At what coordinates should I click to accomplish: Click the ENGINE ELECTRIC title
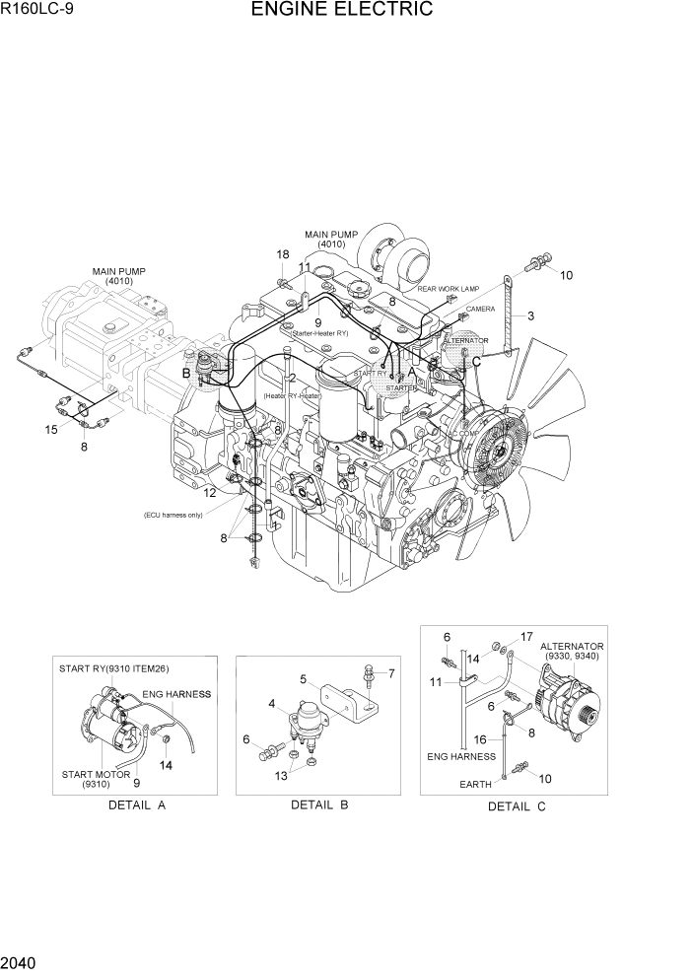[341, 11]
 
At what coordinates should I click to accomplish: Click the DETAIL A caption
[136, 805]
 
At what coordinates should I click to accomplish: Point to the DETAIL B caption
[319, 805]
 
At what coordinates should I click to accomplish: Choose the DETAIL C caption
[517, 806]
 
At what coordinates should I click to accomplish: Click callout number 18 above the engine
[283, 254]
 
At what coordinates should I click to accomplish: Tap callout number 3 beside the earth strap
[530, 316]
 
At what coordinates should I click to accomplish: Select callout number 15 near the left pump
[51, 429]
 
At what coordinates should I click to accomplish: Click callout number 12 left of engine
[210, 492]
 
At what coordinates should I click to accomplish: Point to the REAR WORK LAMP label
[448, 289]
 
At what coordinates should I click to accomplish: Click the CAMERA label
[480, 309]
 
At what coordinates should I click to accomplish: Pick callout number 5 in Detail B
[305, 678]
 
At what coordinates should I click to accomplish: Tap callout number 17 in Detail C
[526, 637]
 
